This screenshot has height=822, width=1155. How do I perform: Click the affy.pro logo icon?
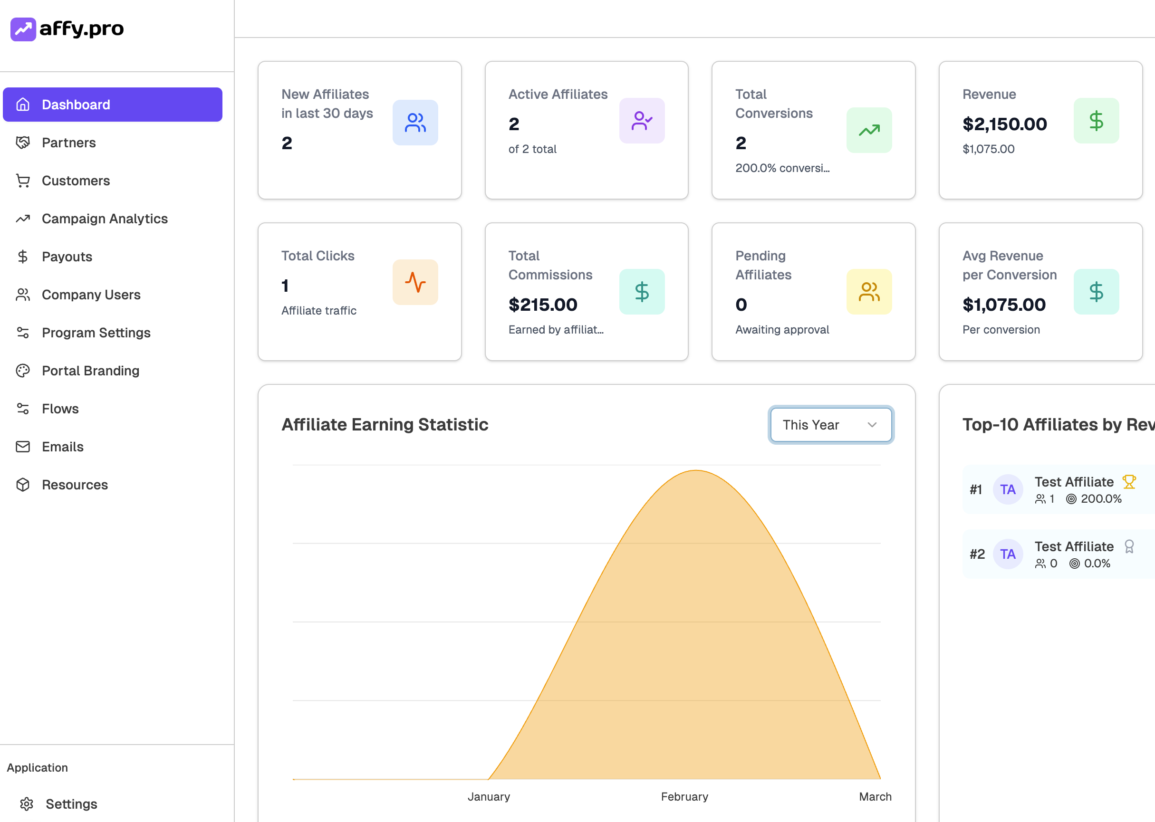tap(23, 29)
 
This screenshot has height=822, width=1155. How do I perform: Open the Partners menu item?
tap(68, 143)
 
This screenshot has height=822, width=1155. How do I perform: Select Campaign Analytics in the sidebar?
tap(104, 219)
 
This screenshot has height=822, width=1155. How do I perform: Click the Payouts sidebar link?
tap(67, 257)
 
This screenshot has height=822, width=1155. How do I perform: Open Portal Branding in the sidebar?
tap(90, 371)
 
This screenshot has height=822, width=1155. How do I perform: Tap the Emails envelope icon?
tap(23, 447)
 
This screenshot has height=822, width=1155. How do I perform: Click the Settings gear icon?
tap(26, 804)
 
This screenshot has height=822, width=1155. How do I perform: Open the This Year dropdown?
tap(830, 425)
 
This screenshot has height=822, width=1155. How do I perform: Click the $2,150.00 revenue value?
tap(1004, 124)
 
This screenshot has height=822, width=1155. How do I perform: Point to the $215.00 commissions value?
tap(542, 305)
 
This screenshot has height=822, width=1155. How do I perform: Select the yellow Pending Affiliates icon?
tap(868, 292)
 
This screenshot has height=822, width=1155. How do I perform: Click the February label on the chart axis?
tap(684, 796)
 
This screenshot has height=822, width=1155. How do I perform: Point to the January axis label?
tap(488, 796)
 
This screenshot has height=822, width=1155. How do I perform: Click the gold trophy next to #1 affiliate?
tap(1129, 481)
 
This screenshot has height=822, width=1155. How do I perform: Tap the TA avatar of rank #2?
tap(1007, 554)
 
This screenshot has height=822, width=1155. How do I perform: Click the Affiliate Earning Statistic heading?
tap(385, 424)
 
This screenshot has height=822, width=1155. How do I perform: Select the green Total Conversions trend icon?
tap(868, 131)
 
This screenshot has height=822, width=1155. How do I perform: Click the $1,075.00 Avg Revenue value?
tap(1003, 305)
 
